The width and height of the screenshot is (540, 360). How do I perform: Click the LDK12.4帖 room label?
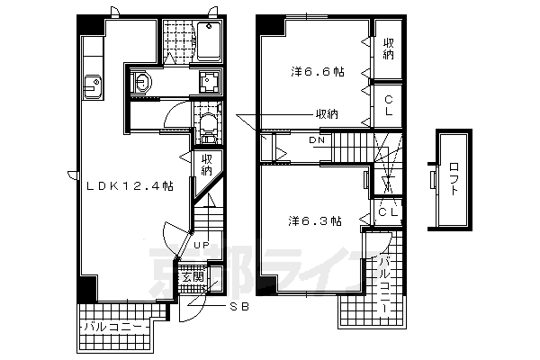(129, 186)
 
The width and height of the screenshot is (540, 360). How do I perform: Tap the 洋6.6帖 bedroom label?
(318, 72)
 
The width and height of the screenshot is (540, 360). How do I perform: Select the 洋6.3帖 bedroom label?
(315, 220)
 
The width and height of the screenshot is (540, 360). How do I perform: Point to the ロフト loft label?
(454, 179)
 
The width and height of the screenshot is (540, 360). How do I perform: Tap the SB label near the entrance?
(239, 307)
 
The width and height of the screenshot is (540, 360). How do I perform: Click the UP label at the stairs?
(202, 246)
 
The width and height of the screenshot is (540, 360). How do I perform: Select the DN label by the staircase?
(317, 139)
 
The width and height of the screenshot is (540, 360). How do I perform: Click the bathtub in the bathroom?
(209, 41)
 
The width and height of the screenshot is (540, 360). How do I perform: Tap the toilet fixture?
(209, 126)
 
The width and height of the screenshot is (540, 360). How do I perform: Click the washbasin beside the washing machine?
(141, 82)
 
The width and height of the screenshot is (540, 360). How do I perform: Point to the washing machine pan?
(209, 82)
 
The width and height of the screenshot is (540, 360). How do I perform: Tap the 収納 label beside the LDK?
(207, 166)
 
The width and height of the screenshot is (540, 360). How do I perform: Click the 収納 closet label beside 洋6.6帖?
(389, 49)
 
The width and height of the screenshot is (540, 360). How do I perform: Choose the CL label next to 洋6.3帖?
(388, 212)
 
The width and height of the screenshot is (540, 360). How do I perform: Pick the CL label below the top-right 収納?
(389, 106)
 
